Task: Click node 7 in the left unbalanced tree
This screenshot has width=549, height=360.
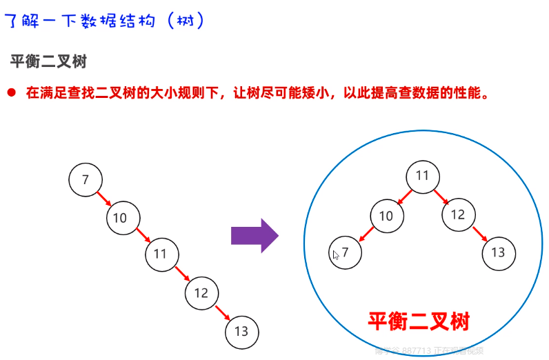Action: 86,180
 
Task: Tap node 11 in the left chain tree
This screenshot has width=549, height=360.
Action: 161,254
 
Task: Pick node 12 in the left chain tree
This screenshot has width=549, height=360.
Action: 201,293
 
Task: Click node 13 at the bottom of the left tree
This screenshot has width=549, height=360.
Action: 241,332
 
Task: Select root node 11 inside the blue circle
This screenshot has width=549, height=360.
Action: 422,176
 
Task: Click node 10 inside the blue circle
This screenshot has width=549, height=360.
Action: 386,216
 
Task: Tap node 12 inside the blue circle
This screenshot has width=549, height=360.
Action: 458,214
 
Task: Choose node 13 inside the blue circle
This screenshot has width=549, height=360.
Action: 498,252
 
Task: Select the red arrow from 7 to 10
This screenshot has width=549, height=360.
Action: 103,199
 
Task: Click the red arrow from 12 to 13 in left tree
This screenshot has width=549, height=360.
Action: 222,313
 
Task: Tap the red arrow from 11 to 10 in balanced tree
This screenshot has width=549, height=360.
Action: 403,196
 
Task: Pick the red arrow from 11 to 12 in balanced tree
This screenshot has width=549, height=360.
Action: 441,196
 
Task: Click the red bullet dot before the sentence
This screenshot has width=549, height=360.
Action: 12,92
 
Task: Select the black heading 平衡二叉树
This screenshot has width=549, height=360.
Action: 48,61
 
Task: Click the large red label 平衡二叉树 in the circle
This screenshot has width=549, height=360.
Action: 418,321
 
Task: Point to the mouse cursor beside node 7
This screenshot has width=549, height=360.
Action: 336,254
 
